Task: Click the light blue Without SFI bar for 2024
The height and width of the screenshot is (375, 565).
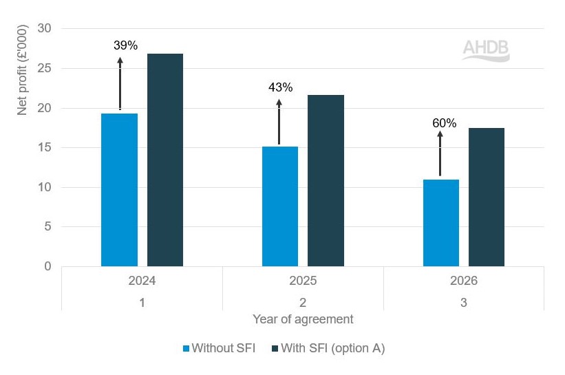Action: (x=119, y=190)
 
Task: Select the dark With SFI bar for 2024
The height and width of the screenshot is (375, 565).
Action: (x=165, y=160)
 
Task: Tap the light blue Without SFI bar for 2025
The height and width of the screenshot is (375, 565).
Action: (x=280, y=206)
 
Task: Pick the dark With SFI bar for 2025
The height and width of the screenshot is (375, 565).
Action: (x=326, y=180)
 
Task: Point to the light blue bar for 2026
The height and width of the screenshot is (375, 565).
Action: (x=440, y=222)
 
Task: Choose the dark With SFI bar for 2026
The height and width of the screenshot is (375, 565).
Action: (x=487, y=197)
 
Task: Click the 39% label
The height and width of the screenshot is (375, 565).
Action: (x=126, y=45)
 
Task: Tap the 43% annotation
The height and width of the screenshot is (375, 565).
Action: (x=281, y=87)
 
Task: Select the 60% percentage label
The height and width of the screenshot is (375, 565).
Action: (x=444, y=123)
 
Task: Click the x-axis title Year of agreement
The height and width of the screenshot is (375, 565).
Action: (x=303, y=319)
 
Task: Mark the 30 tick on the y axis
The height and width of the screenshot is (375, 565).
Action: (x=45, y=29)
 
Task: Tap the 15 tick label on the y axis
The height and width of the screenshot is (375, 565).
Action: (x=45, y=147)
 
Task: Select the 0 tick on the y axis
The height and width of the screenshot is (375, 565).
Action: (x=48, y=266)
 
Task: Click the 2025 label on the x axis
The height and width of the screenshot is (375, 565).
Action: (x=303, y=281)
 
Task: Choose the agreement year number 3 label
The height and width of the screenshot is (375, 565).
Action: (x=464, y=302)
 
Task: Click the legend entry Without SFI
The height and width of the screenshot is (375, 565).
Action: (x=218, y=348)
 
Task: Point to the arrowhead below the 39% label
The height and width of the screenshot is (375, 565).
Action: (x=120, y=61)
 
